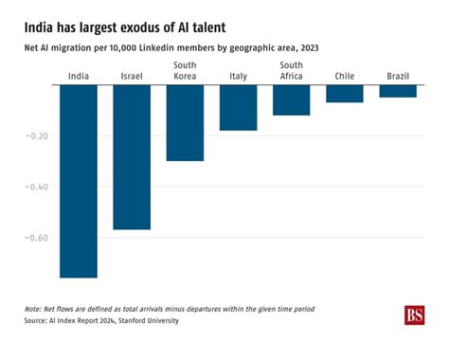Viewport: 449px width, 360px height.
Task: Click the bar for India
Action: click(79, 181)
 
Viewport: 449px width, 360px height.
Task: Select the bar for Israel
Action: click(132, 157)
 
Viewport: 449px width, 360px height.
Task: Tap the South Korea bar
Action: click(185, 123)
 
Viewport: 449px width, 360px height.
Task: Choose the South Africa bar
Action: click(291, 100)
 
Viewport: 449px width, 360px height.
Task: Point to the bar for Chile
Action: click(344, 94)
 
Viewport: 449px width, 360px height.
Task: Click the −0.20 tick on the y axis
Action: click(34, 135)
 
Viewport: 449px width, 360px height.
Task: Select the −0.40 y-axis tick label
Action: click(34, 186)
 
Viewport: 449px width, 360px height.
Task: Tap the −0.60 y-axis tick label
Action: click(34, 237)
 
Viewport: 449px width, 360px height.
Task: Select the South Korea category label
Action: click(185, 71)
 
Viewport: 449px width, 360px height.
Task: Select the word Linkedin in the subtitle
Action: click(180, 48)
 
